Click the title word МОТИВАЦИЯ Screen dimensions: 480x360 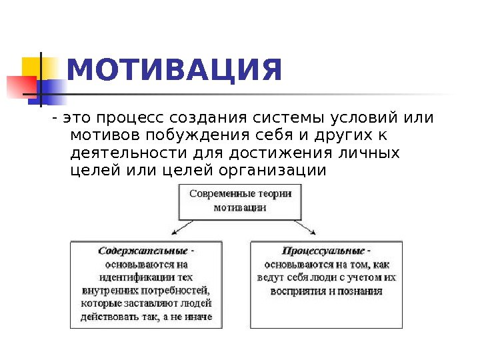click(175, 71)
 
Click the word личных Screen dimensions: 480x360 click(369, 153)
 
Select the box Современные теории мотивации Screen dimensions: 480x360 click(240, 200)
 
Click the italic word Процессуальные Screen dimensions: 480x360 click(323, 251)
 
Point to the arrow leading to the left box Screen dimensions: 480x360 click(179, 228)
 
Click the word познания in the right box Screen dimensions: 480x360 click(361, 291)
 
